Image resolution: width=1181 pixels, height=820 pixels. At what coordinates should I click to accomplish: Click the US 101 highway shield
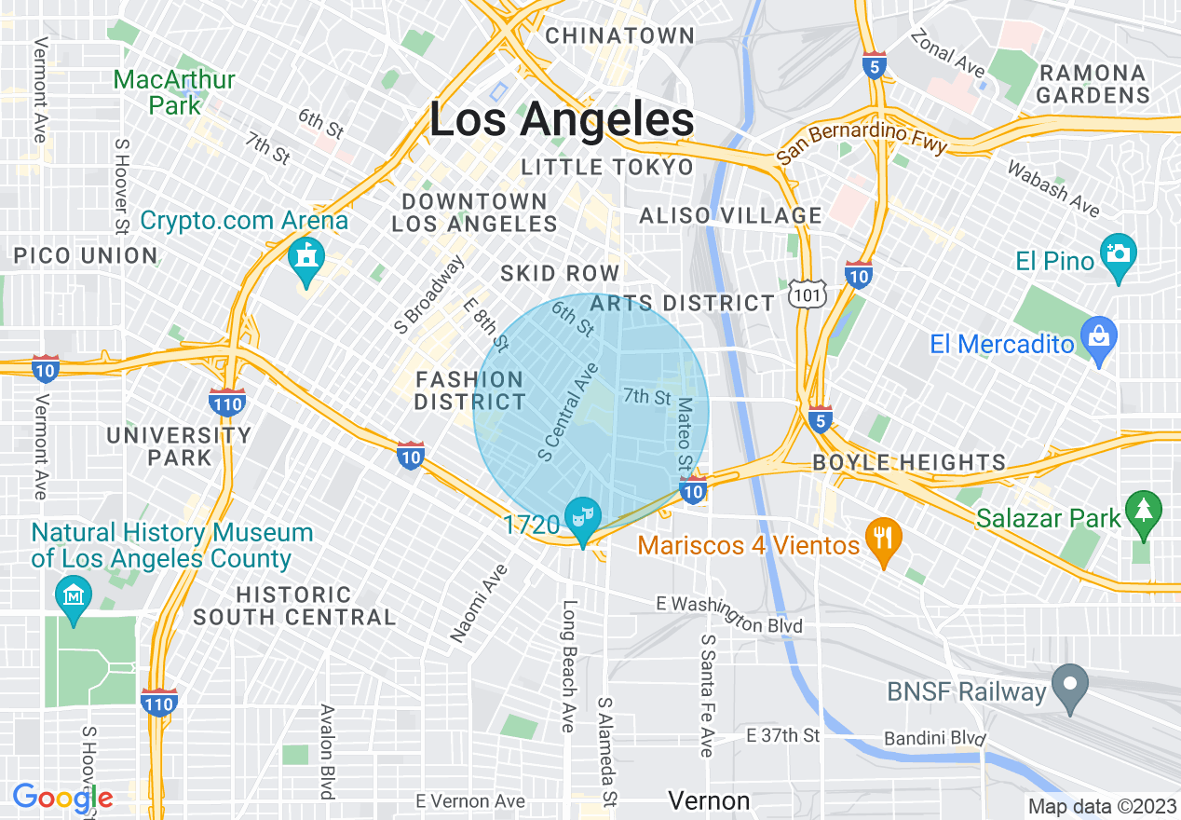click(x=803, y=294)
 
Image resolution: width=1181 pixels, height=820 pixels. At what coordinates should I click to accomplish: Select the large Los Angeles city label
click(x=562, y=120)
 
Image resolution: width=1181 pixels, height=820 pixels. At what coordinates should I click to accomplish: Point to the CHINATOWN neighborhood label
click(x=619, y=36)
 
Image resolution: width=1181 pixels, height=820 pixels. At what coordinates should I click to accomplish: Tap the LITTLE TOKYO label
click(x=607, y=168)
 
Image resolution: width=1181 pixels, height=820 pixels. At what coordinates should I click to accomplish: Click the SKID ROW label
click(x=560, y=273)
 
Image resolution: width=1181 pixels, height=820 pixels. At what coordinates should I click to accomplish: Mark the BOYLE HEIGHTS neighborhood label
click(x=909, y=462)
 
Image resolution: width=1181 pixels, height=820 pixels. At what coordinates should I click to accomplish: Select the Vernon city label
click(x=709, y=800)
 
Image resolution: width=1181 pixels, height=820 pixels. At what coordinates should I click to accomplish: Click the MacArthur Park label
click(x=174, y=92)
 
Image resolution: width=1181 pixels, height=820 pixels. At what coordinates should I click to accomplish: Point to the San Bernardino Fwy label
click(x=862, y=141)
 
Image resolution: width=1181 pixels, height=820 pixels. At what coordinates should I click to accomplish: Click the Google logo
click(x=62, y=798)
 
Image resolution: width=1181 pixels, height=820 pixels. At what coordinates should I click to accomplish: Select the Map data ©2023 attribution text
click(x=1101, y=806)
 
